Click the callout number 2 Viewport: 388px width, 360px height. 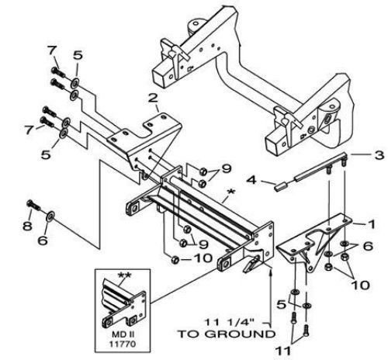tap(153, 98)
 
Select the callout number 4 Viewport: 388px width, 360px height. tap(251, 179)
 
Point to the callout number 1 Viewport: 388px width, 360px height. tap(372, 224)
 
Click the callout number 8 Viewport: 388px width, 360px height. tap(27, 226)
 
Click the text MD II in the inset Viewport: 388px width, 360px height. tap(123, 334)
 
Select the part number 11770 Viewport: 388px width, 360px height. tap(123, 344)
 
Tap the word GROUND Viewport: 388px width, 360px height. tap(241, 334)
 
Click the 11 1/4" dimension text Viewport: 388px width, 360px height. tap(229, 322)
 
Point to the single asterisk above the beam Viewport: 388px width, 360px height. tap(230, 192)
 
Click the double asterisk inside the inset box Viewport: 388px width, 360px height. tap(124, 275)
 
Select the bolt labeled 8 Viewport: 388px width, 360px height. tap(33, 205)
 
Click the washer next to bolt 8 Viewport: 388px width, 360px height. tap(50, 216)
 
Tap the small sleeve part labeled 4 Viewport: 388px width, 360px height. tap(280, 186)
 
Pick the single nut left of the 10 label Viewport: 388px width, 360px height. tap(175, 259)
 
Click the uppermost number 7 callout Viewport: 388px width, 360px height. tap(52, 50)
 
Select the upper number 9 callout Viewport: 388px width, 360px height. tap(226, 169)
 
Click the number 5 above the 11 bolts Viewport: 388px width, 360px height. tap(282, 304)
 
